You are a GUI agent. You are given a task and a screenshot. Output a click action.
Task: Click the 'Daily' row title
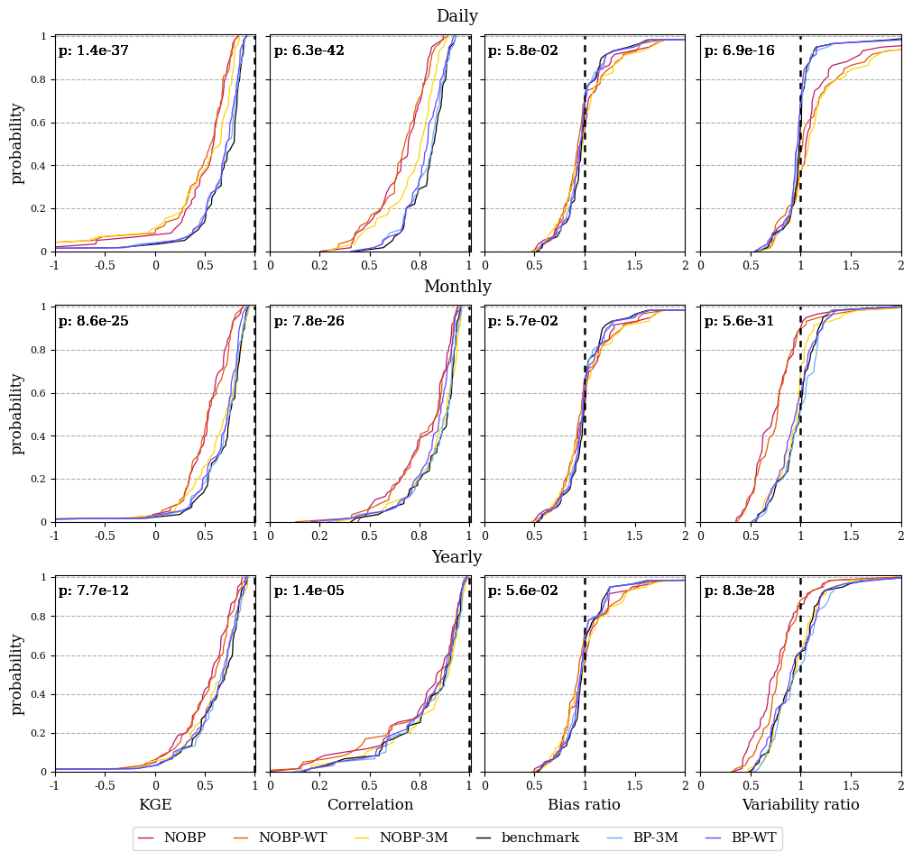(x=457, y=15)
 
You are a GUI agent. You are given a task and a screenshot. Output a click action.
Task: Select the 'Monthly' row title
(x=457, y=286)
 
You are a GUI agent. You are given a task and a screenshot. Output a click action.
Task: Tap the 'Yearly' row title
(x=457, y=557)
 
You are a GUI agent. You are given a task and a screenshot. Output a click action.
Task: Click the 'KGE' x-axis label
(x=155, y=804)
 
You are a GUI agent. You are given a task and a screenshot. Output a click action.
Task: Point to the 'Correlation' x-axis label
(x=370, y=804)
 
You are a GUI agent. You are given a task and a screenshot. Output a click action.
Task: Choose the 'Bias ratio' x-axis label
(x=584, y=804)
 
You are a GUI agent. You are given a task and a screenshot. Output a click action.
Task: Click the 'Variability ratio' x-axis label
(x=800, y=804)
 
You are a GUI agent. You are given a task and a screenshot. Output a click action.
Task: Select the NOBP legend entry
(x=171, y=838)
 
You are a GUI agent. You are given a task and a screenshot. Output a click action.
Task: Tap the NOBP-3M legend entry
(x=401, y=838)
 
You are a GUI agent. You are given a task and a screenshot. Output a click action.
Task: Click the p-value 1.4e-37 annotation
(x=93, y=50)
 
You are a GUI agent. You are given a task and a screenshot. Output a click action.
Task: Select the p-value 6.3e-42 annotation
(x=309, y=50)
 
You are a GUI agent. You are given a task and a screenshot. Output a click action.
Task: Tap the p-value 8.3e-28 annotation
(x=740, y=591)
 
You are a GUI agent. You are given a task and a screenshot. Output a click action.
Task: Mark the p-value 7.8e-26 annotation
(x=309, y=321)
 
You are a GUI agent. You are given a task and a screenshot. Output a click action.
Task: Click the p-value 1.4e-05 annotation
(x=309, y=591)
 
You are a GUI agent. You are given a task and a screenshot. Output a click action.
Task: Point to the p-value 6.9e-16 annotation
(x=740, y=50)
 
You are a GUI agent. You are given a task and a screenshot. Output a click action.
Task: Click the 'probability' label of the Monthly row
(x=17, y=414)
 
